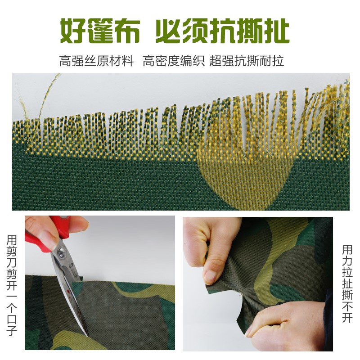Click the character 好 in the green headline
pos(74,31)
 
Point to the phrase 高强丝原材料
pos(96,61)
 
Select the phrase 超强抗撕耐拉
pos(247,61)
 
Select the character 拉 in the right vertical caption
pos(347,272)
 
